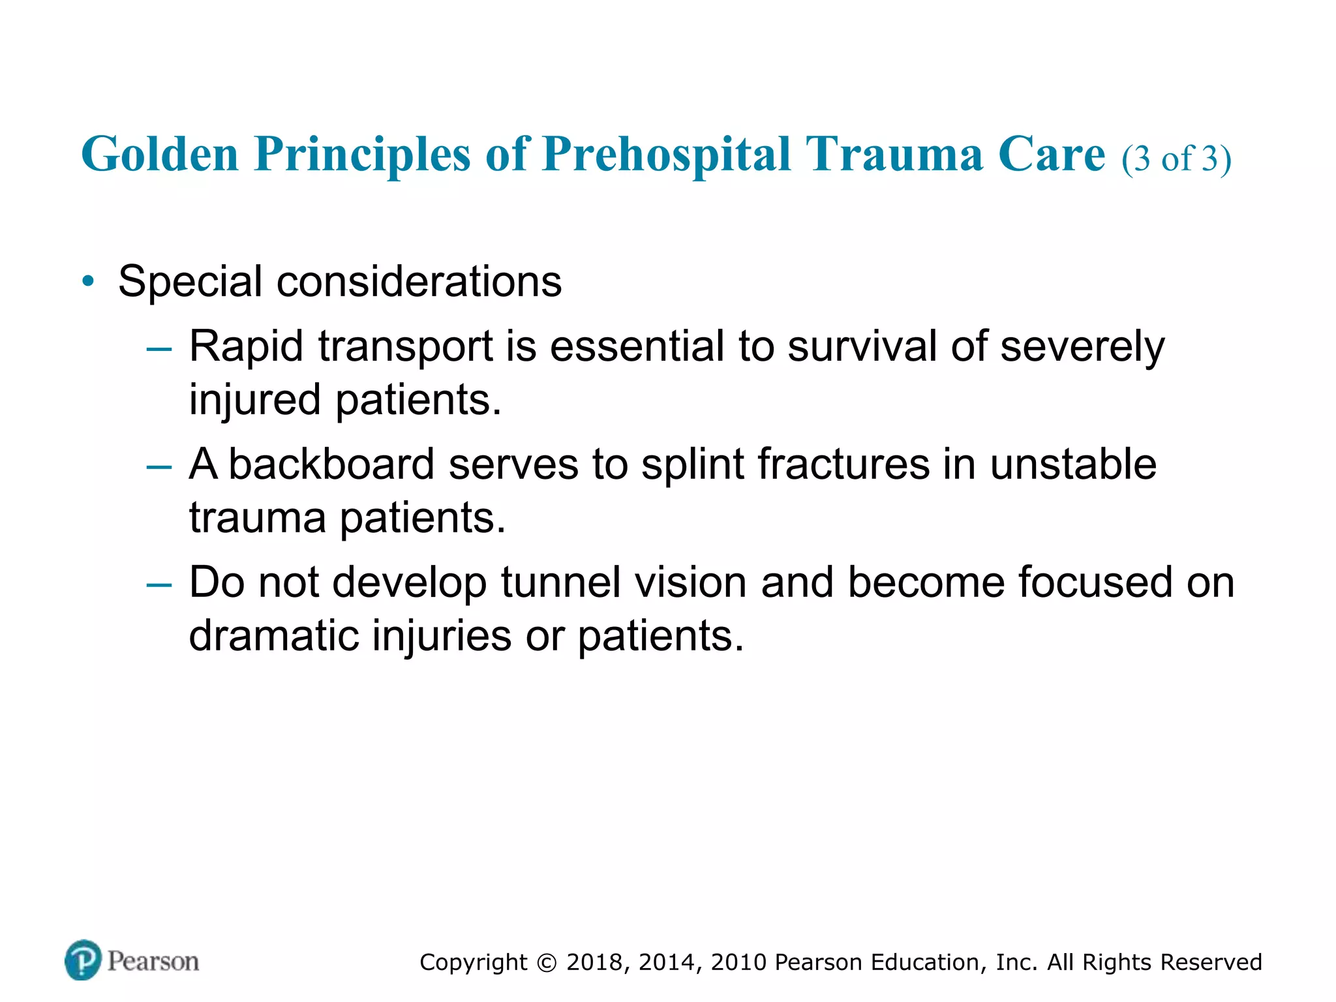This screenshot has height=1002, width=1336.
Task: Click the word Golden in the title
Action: [160, 155]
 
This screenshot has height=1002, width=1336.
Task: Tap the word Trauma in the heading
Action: [894, 155]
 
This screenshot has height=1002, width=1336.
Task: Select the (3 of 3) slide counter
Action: [1176, 159]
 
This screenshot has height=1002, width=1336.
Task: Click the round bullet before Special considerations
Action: [88, 282]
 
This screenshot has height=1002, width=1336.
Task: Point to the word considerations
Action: [419, 282]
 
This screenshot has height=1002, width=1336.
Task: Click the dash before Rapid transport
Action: [159, 349]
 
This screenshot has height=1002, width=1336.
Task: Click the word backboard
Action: [331, 464]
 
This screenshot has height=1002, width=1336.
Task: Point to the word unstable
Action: [1073, 464]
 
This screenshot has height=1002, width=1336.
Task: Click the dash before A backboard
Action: [159, 468]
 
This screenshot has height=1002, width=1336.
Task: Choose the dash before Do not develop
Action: [159, 585]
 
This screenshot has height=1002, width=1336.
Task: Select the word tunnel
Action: [560, 582]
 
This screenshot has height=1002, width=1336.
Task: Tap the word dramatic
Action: [273, 636]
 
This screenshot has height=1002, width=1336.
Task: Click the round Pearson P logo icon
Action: [83, 960]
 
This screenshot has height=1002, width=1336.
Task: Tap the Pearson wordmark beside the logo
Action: [153, 962]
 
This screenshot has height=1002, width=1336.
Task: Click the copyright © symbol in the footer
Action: [547, 963]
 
